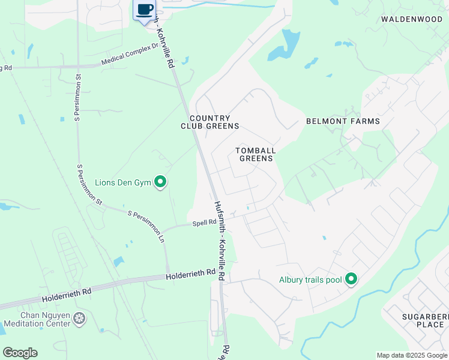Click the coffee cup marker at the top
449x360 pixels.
[x=144, y=10]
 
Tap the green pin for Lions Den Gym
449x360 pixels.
[x=160, y=181]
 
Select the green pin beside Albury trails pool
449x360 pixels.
[x=351, y=280]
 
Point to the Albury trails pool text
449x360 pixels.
[x=310, y=280]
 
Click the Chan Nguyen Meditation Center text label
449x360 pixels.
[x=37, y=320]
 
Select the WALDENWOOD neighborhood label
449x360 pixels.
[x=412, y=19]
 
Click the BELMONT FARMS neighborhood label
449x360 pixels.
[x=343, y=121]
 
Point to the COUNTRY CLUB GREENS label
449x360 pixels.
[x=210, y=122]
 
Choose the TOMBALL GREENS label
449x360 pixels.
[x=255, y=154]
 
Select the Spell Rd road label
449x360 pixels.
[x=203, y=223]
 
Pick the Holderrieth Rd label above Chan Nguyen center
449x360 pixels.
[x=66, y=294]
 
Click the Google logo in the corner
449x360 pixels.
[x=20, y=353]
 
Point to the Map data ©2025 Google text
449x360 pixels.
[x=411, y=355]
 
